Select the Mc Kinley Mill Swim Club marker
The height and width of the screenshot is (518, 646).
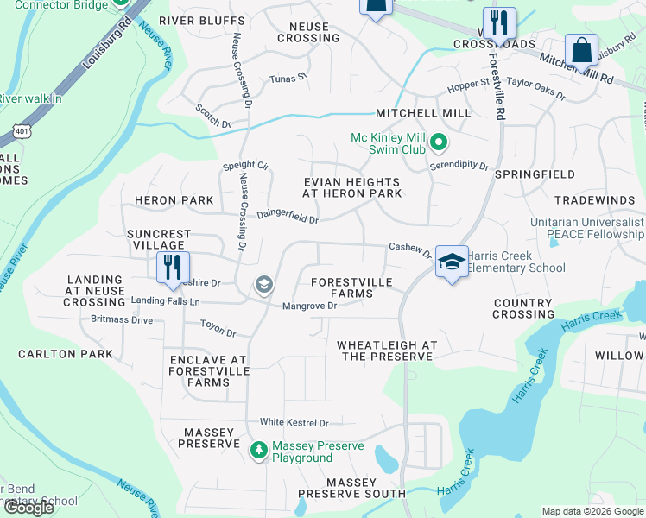tap(439, 141)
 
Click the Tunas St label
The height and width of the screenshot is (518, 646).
tap(288, 78)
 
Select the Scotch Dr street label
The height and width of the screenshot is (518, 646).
tap(213, 117)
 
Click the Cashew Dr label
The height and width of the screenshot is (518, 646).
tap(409, 250)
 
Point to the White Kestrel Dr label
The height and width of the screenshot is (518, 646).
tap(294, 422)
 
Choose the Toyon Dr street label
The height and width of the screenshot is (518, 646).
tap(218, 329)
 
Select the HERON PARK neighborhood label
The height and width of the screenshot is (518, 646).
tap(174, 200)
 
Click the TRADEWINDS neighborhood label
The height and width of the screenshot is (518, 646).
tap(594, 200)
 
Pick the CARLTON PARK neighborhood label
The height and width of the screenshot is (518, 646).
tap(66, 354)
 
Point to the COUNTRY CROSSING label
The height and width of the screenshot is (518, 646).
tap(522, 308)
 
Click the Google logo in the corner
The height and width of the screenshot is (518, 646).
tap(28, 508)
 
